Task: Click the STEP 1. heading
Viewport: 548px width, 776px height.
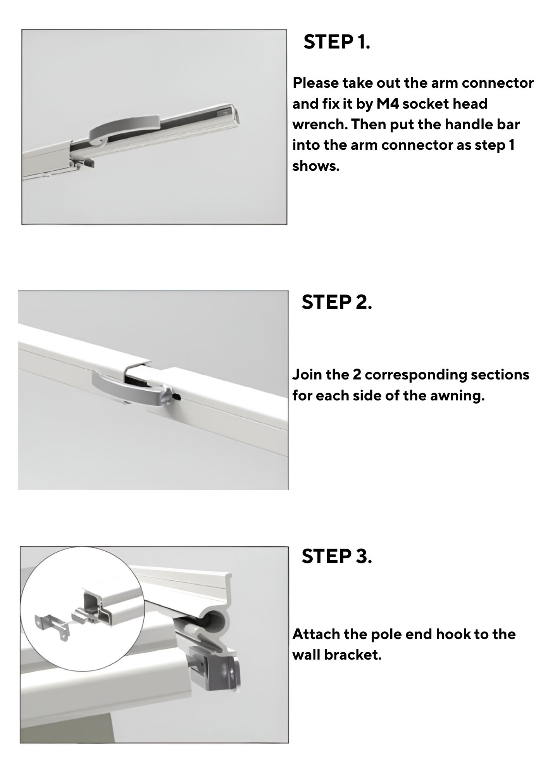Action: pyautogui.click(x=337, y=42)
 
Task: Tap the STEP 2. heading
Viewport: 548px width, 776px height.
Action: pyautogui.click(x=337, y=302)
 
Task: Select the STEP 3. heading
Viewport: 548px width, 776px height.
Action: pyautogui.click(x=337, y=556)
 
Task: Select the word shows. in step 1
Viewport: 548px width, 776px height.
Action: pyautogui.click(x=316, y=166)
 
